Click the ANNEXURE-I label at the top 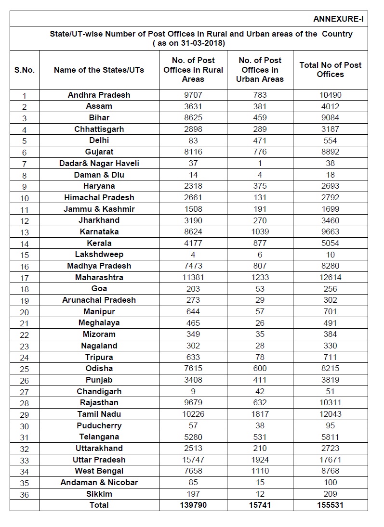pyautogui.click(x=338, y=19)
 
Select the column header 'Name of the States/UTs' pyautogui.click(x=99, y=70)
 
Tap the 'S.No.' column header pyautogui.click(x=25, y=70)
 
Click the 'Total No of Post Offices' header pyautogui.click(x=330, y=70)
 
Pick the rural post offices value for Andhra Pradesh pyautogui.click(x=193, y=95)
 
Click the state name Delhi pyautogui.click(x=99, y=141)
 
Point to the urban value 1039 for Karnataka pyautogui.click(x=260, y=231)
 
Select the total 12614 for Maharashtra pyautogui.click(x=330, y=277)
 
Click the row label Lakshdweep pyautogui.click(x=99, y=255)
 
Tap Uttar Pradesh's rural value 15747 pyautogui.click(x=193, y=460)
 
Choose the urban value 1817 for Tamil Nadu pyautogui.click(x=260, y=414)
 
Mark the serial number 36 pyautogui.click(x=25, y=494)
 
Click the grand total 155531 pyautogui.click(x=330, y=505)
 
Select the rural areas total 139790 pyautogui.click(x=193, y=505)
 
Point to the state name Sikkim pyautogui.click(x=99, y=494)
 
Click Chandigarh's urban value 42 pyautogui.click(x=260, y=391)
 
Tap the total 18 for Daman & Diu pyautogui.click(x=330, y=175)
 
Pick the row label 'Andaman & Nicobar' pyautogui.click(x=99, y=482)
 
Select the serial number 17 pyautogui.click(x=25, y=278)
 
